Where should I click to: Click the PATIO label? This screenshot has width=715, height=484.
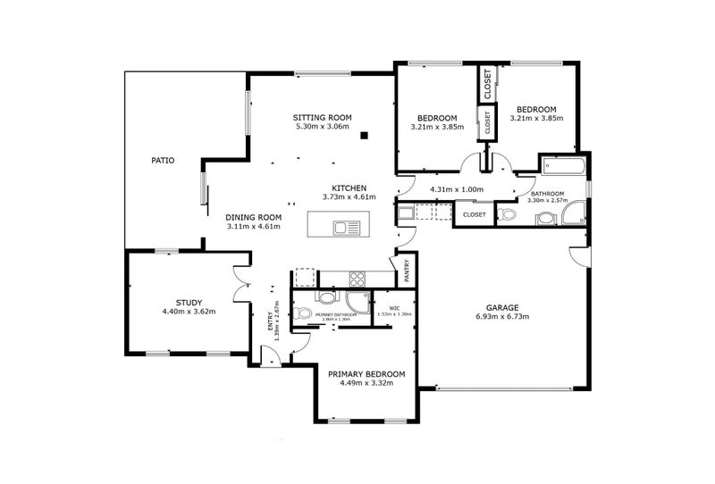pos(162,161)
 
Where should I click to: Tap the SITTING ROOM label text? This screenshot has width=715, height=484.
pos(323,118)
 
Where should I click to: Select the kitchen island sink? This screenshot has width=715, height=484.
pos(346,228)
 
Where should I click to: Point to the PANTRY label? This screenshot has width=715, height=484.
pos(407,271)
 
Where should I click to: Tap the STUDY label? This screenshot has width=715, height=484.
pos(189,302)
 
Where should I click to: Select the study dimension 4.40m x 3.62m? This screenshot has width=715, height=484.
pos(189,312)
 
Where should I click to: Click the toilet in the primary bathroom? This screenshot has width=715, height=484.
pos(303,313)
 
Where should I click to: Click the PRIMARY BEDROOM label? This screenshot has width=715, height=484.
pos(366,374)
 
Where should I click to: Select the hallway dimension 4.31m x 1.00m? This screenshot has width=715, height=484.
pos(456,189)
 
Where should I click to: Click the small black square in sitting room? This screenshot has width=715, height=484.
pos(365,136)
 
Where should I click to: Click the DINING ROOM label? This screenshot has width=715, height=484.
pos(253,217)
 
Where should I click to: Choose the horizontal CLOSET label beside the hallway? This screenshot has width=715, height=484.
pos(474,214)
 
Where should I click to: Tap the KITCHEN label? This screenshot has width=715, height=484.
pos(349,188)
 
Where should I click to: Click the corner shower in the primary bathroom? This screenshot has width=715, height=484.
pos(360,302)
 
